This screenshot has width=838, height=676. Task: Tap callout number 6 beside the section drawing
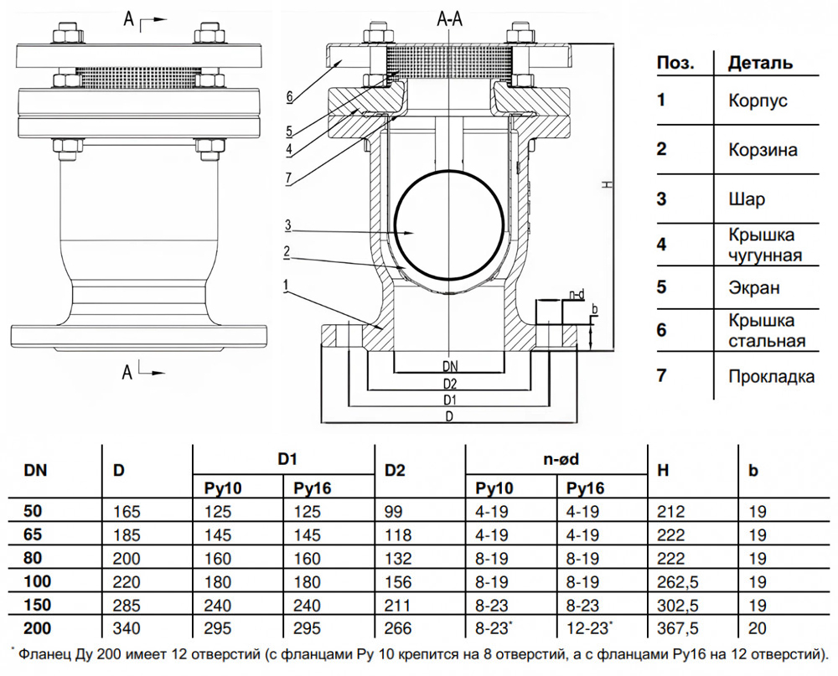click(x=289, y=96)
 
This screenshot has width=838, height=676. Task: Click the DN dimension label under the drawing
click(x=450, y=366)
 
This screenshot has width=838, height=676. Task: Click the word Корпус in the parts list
click(x=758, y=101)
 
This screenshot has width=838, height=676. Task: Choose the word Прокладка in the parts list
click(x=771, y=376)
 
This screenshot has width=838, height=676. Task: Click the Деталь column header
click(x=760, y=63)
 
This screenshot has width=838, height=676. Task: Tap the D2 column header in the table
click(x=394, y=471)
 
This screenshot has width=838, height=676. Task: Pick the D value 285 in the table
click(x=125, y=604)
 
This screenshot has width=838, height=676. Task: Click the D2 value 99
click(x=391, y=510)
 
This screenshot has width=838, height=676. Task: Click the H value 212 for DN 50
click(x=672, y=510)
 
